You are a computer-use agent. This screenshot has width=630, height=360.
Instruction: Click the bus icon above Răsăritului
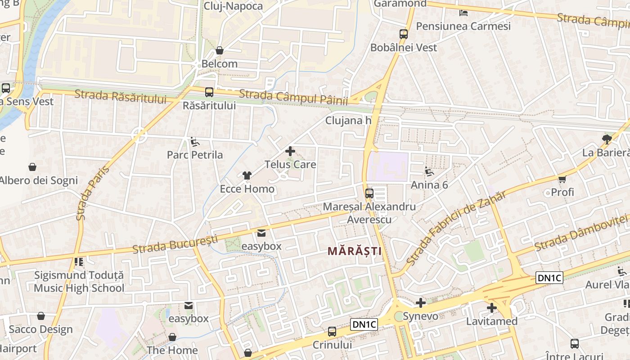pyautogui.click(x=209, y=92)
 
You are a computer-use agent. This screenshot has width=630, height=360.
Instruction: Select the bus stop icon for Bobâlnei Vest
pyautogui.click(x=404, y=34)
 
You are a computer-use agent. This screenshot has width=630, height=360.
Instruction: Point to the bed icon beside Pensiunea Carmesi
pyautogui.click(x=463, y=13)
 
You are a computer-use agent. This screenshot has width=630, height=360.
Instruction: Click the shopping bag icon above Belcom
pyautogui.click(x=220, y=50)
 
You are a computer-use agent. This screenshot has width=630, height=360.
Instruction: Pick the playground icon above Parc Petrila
pyautogui.click(x=195, y=142)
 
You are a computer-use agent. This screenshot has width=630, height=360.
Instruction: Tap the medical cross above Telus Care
pyautogui.click(x=290, y=151)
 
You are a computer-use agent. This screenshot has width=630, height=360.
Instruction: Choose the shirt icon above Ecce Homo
pyautogui.click(x=247, y=175)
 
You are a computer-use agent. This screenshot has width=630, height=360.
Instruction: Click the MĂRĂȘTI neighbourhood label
pyautogui.click(x=354, y=251)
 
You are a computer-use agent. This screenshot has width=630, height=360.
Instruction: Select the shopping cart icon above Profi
pyautogui.click(x=562, y=180)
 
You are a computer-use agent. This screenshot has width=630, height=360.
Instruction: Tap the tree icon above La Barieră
pyautogui.click(x=606, y=139)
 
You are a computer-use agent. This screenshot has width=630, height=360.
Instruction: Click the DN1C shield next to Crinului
pyautogui.click(x=364, y=324)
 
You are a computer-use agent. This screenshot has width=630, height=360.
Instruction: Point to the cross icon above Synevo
pyautogui.click(x=420, y=303)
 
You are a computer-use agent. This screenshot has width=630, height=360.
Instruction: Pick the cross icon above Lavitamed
pyautogui.click(x=491, y=308)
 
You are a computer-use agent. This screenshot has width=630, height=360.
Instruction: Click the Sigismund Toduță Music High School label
pyautogui.click(x=79, y=282)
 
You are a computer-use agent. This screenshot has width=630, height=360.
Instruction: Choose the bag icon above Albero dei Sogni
pyautogui.click(x=32, y=167)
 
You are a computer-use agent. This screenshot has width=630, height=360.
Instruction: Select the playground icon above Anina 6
pyautogui.click(x=429, y=171)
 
